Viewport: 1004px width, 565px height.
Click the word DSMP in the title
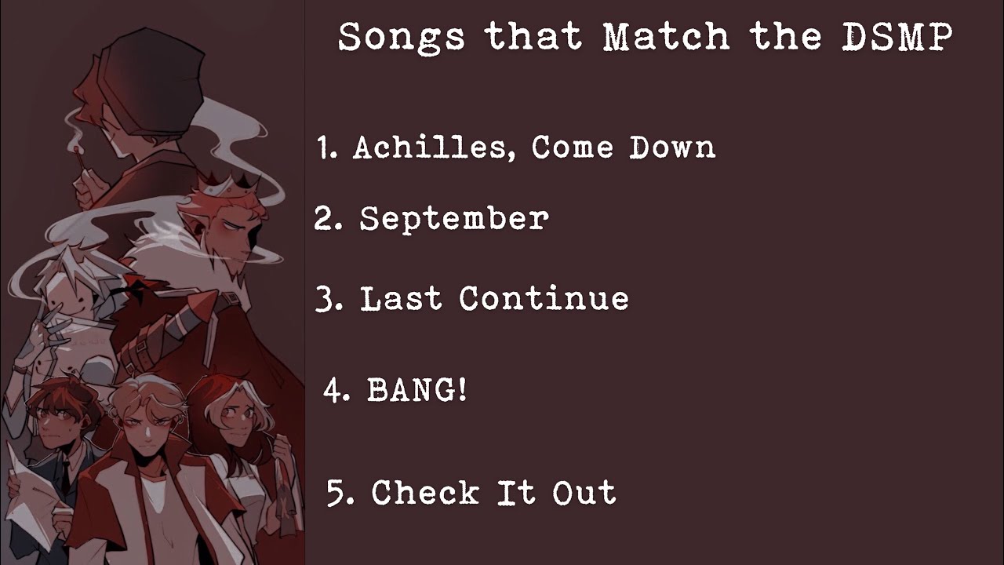[x=897, y=38]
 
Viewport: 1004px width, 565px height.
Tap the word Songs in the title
[x=402, y=38]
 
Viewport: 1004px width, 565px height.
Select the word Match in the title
[x=666, y=38]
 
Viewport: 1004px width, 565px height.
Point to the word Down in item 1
[x=672, y=148]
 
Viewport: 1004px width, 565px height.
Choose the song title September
[x=453, y=220]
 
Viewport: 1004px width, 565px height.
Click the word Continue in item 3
[x=544, y=299]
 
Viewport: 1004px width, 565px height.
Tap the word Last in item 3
[x=401, y=299]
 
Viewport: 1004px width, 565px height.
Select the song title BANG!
[x=417, y=390]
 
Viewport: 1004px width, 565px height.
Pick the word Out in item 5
[x=584, y=493]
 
